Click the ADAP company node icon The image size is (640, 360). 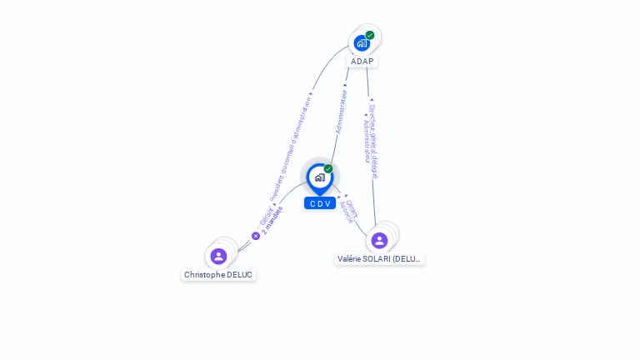click(362, 42)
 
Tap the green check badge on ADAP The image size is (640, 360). click(370, 35)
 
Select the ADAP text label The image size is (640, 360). click(362, 61)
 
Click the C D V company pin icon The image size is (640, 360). click(319, 177)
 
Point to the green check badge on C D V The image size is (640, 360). click(328, 168)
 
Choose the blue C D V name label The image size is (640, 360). click(320, 203)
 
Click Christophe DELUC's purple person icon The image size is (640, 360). click(218, 256)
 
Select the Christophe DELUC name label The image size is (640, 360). click(218, 274)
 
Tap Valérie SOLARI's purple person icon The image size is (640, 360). click(379, 240)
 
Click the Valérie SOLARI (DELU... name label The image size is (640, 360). click(380, 258)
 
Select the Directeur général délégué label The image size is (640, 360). click(374, 141)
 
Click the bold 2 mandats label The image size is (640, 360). click(272, 220)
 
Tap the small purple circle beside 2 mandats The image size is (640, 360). click(256, 236)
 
